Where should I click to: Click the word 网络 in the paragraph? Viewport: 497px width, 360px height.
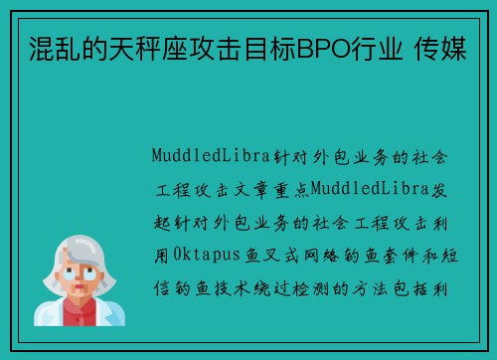point(324,256)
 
